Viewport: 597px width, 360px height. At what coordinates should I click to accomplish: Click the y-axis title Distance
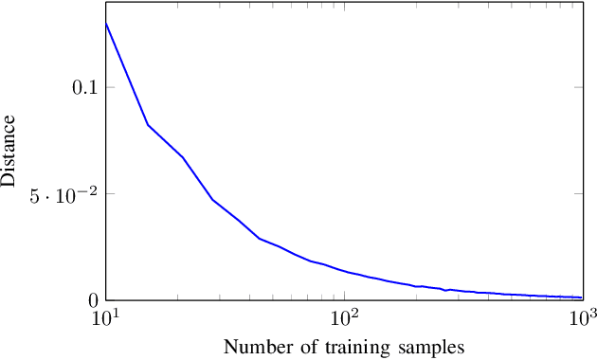(9, 151)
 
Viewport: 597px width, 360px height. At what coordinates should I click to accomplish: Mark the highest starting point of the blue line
(105, 23)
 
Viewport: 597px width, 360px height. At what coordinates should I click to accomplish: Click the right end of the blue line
(581, 297)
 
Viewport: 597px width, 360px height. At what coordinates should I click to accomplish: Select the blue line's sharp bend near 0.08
(148, 125)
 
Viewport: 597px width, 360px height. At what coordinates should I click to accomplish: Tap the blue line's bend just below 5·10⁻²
(212, 199)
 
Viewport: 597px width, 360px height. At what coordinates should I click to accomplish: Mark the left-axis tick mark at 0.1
(108, 87)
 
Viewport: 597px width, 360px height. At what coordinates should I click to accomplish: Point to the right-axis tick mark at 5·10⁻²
(578, 194)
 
